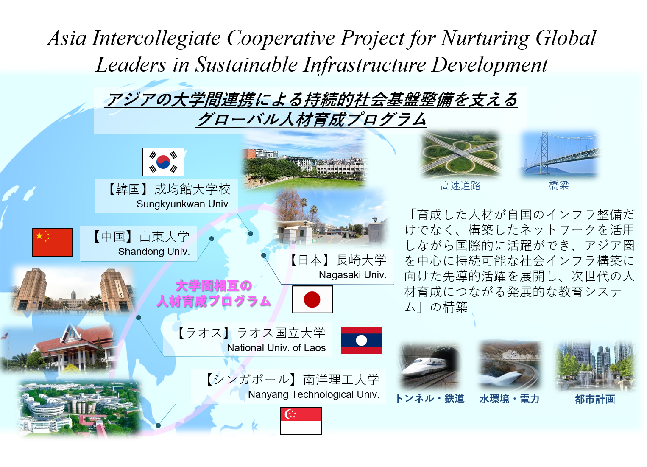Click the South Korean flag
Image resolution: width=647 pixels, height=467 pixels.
pyautogui.click(x=163, y=162)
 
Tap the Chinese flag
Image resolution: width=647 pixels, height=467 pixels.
pyautogui.click(x=52, y=242)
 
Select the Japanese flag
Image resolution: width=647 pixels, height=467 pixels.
pyautogui.click(x=312, y=299)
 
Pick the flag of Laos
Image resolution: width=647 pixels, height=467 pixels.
pyautogui.click(x=361, y=341)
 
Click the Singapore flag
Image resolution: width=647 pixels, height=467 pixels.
pyautogui.click(x=301, y=421)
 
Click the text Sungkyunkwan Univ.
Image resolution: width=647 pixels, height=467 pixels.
pyautogui.click(x=184, y=204)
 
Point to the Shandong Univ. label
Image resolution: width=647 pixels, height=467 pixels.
pyautogui.click(x=154, y=252)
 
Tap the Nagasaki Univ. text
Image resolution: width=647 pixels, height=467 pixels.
pyautogui.click(x=353, y=275)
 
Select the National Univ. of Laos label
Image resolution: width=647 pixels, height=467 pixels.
pyautogui.click(x=276, y=348)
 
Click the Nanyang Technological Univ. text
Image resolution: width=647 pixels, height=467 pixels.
pyautogui.click(x=314, y=394)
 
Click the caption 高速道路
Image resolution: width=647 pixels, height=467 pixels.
pyautogui.click(x=460, y=185)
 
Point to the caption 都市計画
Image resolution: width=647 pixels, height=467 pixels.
pyautogui.click(x=595, y=400)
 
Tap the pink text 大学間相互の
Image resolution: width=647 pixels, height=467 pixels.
pyautogui.click(x=213, y=285)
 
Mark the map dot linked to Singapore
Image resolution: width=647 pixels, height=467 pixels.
pyautogui.click(x=158, y=425)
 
